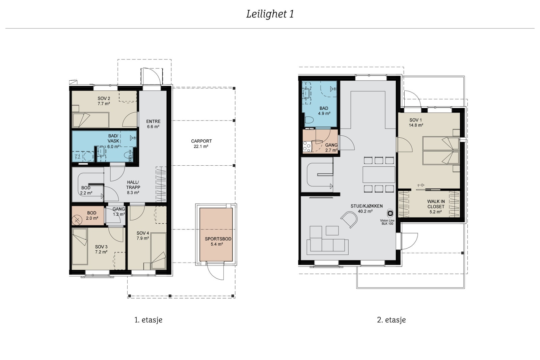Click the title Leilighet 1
270,14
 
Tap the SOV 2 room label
104,101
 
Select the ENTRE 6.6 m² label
153,124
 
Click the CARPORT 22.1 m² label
201,144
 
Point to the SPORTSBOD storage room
216,234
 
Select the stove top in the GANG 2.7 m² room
307,146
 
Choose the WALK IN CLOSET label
436,206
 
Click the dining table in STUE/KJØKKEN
379,174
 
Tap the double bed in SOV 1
441,151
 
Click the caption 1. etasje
148,320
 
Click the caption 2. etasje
391,320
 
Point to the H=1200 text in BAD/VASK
130,156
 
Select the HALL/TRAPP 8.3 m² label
133,187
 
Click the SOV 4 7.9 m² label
143,236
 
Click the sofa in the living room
327,246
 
